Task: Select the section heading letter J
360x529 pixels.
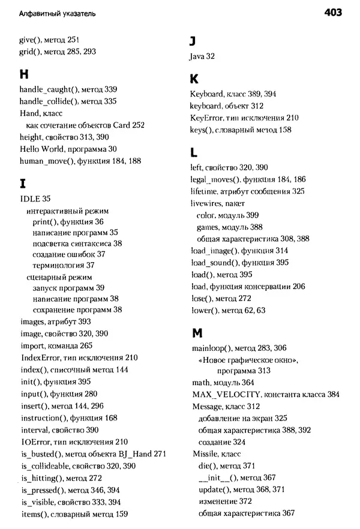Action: point(193,40)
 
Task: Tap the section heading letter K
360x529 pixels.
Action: point(193,79)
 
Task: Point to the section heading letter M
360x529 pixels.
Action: point(195,332)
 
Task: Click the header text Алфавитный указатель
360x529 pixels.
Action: point(57,13)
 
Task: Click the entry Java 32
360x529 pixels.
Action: point(202,56)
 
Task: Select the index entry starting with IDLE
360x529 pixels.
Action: point(35,199)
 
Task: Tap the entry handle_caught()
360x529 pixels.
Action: point(50,89)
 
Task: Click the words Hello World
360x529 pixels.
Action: point(39,149)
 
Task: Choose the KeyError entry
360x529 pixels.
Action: point(206,118)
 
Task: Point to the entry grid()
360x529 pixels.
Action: point(31,52)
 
